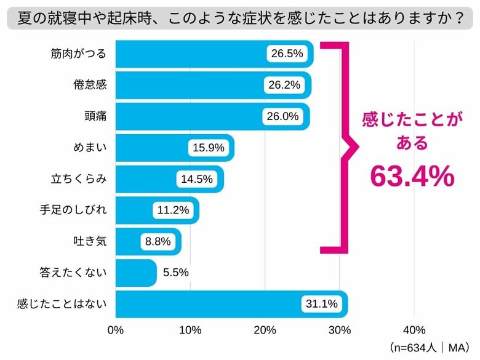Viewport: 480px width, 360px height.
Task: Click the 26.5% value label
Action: [287, 54]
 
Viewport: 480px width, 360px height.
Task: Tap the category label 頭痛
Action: [95, 116]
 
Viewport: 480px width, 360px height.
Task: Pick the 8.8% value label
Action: [158, 241]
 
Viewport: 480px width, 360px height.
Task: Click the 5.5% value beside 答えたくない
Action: [176, 273]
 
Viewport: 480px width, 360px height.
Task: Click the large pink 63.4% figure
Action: [412, 177]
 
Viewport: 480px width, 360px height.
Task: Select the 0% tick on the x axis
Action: [116, 330]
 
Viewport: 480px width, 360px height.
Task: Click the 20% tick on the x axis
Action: [265, 330]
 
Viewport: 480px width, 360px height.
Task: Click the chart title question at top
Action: [240, 18]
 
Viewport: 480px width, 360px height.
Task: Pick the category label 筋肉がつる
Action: [79, 54]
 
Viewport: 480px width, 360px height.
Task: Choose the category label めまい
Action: [89, 148]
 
